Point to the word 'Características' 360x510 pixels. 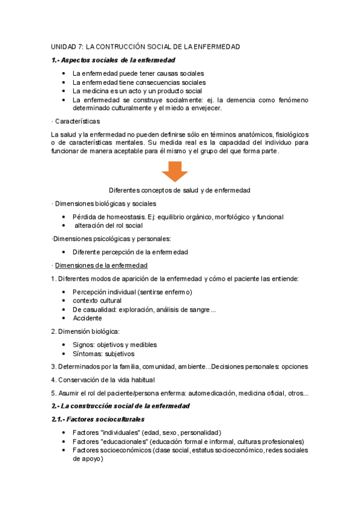[78, 121]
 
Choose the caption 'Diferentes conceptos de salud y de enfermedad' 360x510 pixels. [179, 190]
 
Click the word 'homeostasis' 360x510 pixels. [130, 217]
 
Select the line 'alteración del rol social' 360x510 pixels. [109, 226]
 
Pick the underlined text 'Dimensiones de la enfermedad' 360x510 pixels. [102, 265]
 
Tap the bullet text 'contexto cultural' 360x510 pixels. [97, 301]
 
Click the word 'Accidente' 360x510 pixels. [87, 318]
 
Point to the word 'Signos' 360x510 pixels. [84, 345]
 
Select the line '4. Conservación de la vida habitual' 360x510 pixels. [103, 379]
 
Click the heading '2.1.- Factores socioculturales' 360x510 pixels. [98, 419]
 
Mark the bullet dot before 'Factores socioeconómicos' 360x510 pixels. [64, 450]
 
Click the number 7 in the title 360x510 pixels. [80, 46]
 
